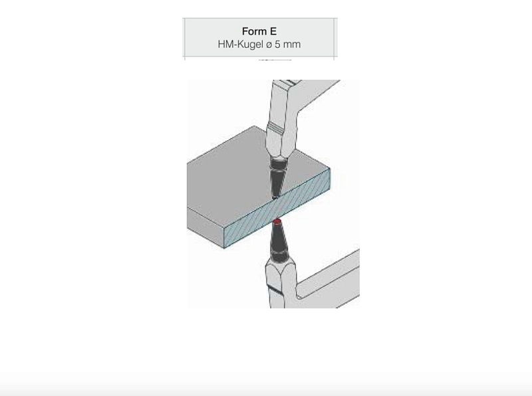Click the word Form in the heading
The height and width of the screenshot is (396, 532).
pyautogui.click(x=253, y=31)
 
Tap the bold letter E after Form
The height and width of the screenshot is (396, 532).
pyautogui.click(x=273, y=31)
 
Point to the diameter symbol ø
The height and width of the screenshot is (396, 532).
pyautogui.click(x=269, y=45)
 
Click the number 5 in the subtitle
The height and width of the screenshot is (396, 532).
pyautogui.click(x=277, y=45)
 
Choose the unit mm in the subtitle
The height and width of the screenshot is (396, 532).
pyautogui.click(x=292, y=45)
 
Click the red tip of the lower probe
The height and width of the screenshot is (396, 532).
pyautogui.click(x=277, y=222)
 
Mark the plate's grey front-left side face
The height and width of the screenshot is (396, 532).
pyautogui.click(x=205, y=227)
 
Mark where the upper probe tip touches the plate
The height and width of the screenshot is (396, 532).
pyautogui.click(x=275, y=197)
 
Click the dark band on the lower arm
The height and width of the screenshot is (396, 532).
pyautogui.click(x=275, y=290)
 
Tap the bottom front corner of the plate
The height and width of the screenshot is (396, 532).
pyautogui.click(x=224, y=248)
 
